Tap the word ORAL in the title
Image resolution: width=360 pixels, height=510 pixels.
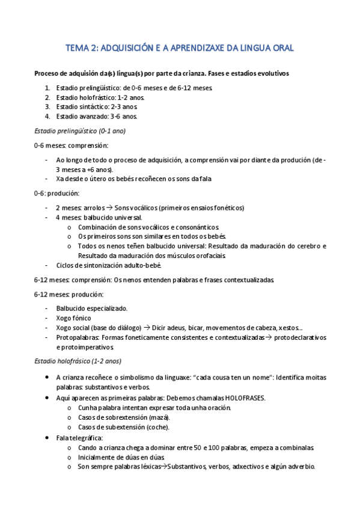(279, 48)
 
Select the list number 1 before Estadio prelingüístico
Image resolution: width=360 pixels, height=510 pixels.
(48, 88)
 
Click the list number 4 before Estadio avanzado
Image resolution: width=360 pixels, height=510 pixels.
(48, 116)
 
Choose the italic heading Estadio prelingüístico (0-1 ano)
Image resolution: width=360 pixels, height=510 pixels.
(80, 131)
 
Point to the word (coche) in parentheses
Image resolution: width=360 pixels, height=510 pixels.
(158, 427)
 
